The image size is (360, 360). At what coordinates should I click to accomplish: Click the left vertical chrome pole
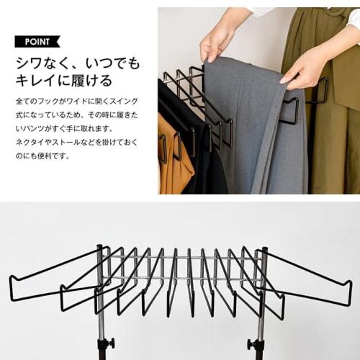[x=102, y=302]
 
